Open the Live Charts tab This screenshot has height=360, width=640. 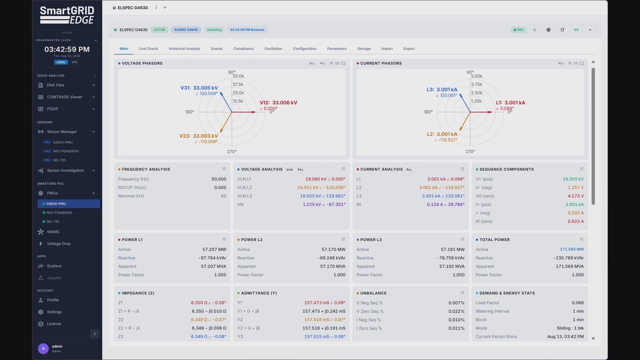tap(148, 49)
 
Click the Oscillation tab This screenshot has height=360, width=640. tap(273, 49)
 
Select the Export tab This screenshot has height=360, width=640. tap(409, 49)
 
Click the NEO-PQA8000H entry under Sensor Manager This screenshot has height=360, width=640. tap(66, 151)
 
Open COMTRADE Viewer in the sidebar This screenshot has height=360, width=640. tap(65, 97)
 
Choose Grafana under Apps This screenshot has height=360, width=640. tap(54, 266)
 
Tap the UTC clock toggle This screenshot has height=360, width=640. tap(75, 62)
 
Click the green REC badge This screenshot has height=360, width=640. tap(519, 30)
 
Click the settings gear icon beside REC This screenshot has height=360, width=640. tap(549, 30)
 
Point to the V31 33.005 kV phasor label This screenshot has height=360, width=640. tap(199, 88)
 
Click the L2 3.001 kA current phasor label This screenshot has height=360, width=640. tap(442, 134)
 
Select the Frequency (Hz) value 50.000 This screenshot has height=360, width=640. tap(219, 179)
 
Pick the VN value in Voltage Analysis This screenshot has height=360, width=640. tap(324, 204)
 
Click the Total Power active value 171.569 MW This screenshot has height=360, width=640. tap(572, 249)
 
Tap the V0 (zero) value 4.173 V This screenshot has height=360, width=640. tap(576, 196)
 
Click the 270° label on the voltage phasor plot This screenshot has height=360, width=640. tap(232, 152)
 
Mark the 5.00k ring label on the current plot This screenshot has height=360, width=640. tap(477, 76)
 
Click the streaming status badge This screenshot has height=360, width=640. tap(214, 30)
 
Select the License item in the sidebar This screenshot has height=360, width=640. tap(54, 324)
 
